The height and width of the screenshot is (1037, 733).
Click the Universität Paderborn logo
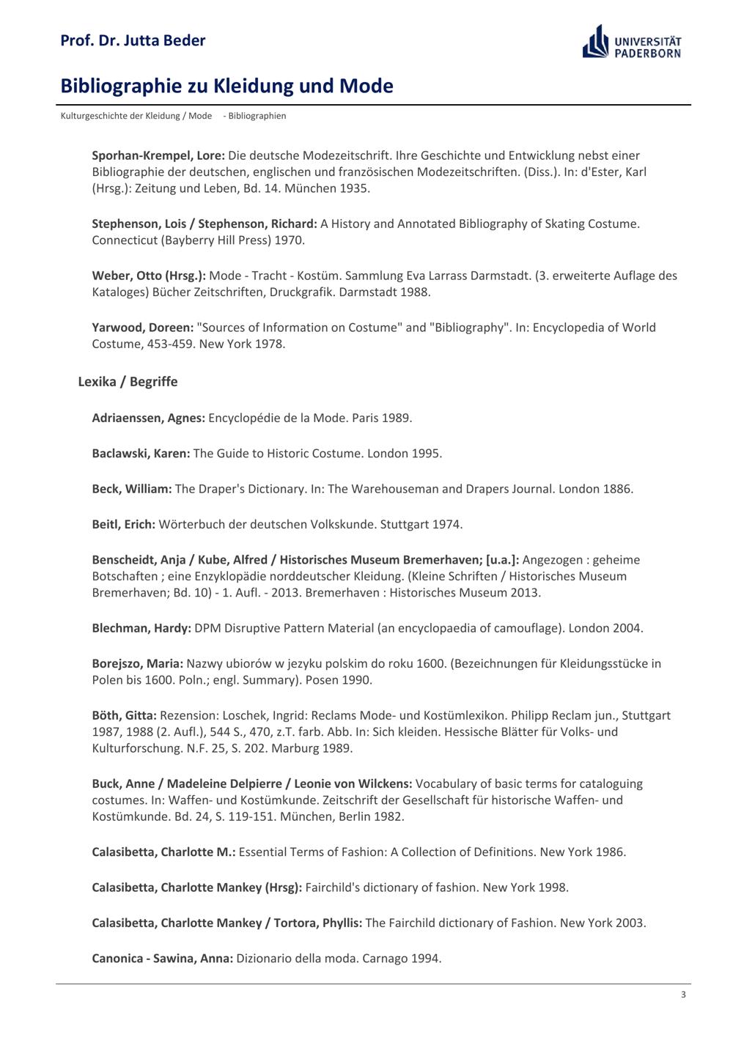pyautogui.click(x=632, y=42)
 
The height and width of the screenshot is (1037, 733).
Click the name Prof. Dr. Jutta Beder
pyautogui.click(x=133, y=41)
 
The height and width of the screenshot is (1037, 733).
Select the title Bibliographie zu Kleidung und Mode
pyautogui.click(x=226, y=86)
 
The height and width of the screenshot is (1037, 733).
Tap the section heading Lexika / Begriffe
pyautogui.click(x=128, y=382)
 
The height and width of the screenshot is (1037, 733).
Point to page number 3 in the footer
pyautogui.click(x=683, y=994)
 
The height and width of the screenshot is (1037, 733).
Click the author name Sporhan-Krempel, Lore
pyautogui.click(x=158, y=155)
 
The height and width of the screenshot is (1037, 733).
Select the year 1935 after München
pyautogui.click(x=354, y=188)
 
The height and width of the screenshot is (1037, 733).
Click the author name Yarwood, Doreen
pyautogui.click(x=143, y=328)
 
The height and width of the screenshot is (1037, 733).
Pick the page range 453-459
pyautogui.click(x=173, y=344)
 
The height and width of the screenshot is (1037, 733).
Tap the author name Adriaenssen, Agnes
pyautogui.click(x=148, y=418)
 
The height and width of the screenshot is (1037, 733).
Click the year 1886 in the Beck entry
pyautogui.click(x=617, y=489)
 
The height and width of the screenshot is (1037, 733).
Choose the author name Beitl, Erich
pyautogui.click(x=124, y=525)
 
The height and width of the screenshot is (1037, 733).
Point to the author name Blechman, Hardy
pyautogui.click(x=141, y=628)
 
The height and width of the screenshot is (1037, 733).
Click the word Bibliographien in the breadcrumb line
pyautogui.click(x=257, y=116)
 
